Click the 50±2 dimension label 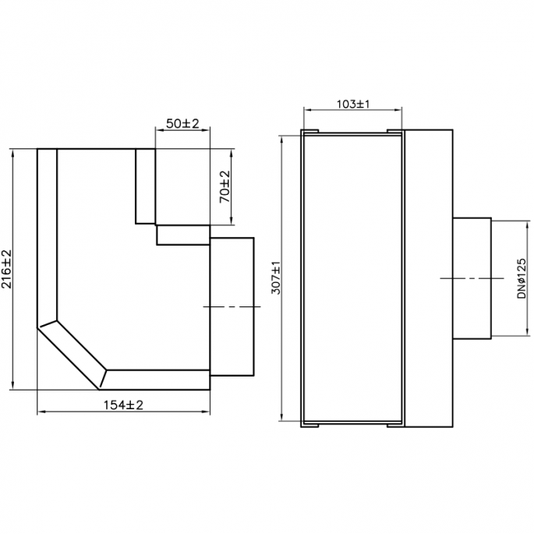pyautogui.click(x=183, y=124)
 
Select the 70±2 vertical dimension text pyautogui.click(x=225, y=187)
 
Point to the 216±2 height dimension pyautogui.click(x=7, y=270)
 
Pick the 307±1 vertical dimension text pyautogui.click(x=275, y=278)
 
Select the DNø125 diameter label pyautogui.click(x=521, y=278)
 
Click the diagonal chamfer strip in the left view pyautogui.click(x=71, y=352)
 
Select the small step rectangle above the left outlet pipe pyautogui.click(x=183, y=235)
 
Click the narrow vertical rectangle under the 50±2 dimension pyautogui.click(x=146, y=186)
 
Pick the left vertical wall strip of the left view pyautogui.click(x=47, y=234)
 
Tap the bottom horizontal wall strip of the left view pyautogui.click(x=156, y=379)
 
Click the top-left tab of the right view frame pyautogui.click(x=309, y=129)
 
